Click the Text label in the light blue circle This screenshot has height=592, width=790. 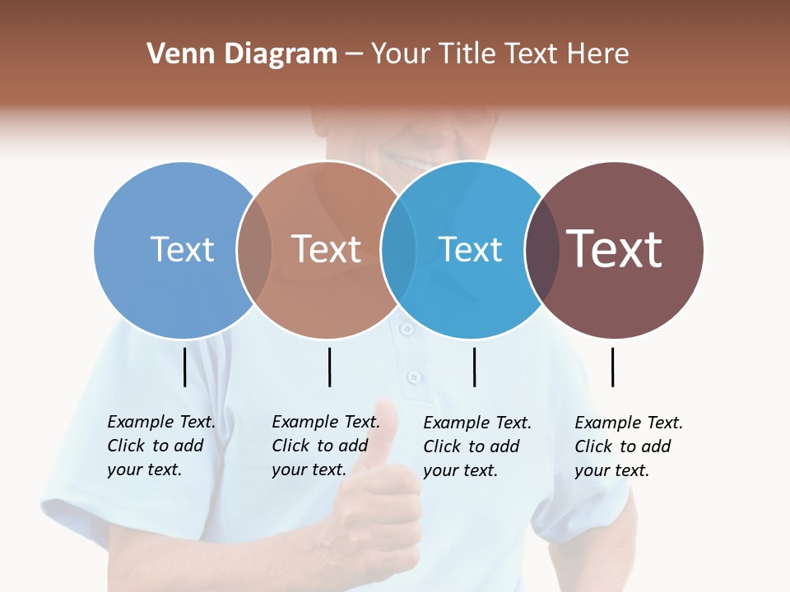pos(182,249)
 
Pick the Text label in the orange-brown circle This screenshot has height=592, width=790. pos(326,249)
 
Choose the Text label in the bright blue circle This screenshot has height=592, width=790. pos(470,249)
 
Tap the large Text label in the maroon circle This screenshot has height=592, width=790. pos(614,248)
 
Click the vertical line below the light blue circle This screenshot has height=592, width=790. pos(185,367)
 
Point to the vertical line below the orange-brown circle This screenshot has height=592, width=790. pos(329,367)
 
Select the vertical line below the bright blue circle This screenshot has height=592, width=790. pos(475,367)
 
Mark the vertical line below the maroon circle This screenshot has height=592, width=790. pos(612,367)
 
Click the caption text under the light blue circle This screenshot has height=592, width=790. pos(160,446)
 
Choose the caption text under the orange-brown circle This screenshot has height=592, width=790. pos(325,446)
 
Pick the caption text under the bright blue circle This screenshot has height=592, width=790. pos(476,446)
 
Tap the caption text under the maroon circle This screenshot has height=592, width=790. pos(628,446)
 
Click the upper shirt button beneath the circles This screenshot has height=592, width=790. pos(405,329)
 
